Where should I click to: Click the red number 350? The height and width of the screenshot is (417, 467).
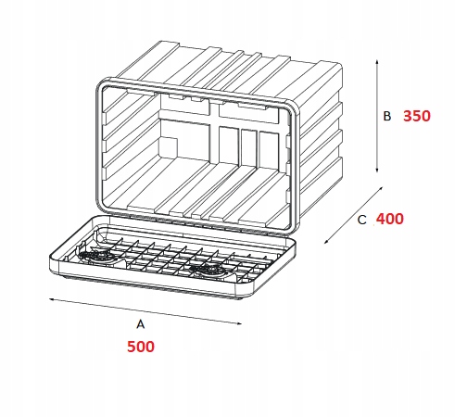417,116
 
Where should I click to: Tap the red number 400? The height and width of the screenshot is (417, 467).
390,219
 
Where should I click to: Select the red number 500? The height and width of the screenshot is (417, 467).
141,347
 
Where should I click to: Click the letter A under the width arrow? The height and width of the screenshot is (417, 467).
141,324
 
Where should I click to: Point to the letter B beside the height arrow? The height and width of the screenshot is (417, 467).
387,117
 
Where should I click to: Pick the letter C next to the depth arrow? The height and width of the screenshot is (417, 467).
361,220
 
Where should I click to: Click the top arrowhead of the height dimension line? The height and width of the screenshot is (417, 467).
377,61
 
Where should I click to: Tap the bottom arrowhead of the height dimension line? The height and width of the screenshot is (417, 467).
377,170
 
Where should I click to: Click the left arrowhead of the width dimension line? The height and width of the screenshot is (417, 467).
52,299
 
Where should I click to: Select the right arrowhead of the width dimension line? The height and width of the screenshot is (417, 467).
238,323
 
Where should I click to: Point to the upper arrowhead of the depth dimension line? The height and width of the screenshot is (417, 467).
381,188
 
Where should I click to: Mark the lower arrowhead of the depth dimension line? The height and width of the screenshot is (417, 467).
326,241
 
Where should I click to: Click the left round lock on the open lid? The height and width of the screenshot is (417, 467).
96,256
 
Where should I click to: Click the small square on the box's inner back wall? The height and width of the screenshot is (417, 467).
170,147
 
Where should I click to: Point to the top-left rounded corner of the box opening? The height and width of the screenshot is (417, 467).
101,82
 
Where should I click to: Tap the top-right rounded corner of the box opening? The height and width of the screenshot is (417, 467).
294,107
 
